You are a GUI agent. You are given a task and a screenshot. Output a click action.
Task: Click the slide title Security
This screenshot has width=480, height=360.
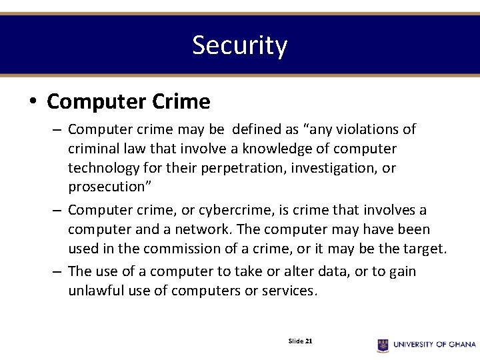coord(239,45)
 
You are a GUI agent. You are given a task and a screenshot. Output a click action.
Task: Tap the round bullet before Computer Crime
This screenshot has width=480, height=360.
coord(33,102)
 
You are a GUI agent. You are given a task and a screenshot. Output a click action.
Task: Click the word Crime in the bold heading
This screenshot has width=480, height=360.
coord(181,102)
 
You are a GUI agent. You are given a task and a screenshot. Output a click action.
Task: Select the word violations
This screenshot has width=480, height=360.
coord(366,129)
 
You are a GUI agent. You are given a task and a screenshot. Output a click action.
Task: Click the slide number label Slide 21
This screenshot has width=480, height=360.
coord(301,341)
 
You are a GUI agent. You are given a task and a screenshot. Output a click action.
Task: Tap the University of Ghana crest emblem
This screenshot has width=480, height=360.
coord(383,345)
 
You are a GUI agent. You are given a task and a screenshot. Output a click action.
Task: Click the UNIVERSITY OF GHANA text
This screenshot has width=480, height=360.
coord(435,345)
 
